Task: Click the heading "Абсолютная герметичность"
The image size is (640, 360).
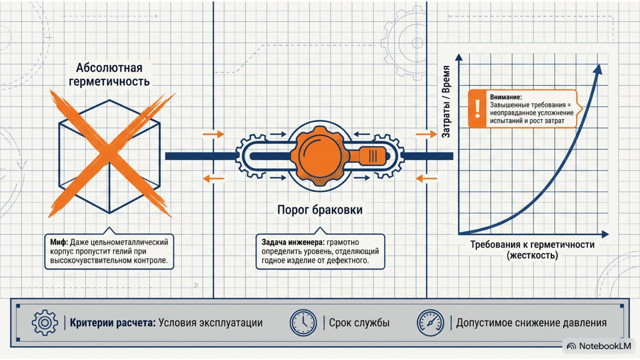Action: pos(109,74)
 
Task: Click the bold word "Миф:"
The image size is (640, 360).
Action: pos(59,242)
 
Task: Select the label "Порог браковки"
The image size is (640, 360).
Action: pos(320,210)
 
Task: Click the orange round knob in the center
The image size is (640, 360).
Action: pos(320,156)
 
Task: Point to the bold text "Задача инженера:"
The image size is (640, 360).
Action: pos(293,242)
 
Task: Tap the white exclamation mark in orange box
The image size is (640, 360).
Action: pos(478,108)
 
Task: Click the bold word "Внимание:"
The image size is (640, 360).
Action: pos(506,97)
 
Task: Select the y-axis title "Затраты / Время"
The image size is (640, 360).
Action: pos(446,102)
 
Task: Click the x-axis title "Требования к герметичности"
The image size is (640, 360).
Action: pos(532,244)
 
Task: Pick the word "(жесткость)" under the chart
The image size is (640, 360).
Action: pos(532,255)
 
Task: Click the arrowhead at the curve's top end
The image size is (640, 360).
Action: pos(598,70)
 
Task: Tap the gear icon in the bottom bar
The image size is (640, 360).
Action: pos(45,322)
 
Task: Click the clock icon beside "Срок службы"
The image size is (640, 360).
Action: pos(303,322)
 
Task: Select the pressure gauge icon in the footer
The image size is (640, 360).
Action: pos(430,322)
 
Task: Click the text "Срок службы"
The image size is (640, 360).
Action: pos(359,322)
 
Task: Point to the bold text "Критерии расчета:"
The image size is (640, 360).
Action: pos(112,322)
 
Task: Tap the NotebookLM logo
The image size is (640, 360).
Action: pos(599,346)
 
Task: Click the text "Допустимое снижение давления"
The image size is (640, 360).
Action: pos(532,322)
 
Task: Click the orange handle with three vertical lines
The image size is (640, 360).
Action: pos(372,156)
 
